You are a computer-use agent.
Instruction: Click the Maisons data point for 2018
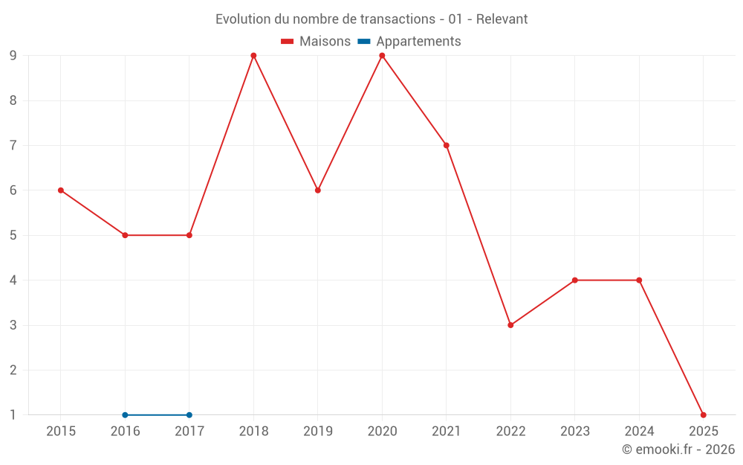tap(253, 56)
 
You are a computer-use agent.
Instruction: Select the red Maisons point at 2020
tap(382, 56)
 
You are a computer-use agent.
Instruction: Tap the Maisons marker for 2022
tap(510, 325)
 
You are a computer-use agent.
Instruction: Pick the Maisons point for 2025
tap(703, 414)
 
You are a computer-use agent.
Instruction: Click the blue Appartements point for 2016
tap(125, 414)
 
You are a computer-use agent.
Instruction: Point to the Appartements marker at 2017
tap(189, 414)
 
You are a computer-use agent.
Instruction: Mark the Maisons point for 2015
tap(61, 190)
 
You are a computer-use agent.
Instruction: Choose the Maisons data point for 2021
tap(447, 145)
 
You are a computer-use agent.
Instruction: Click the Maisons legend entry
tap(316, 42)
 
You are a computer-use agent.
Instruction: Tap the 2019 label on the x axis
tap(318, 432)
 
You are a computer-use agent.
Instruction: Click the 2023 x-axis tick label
tap(575, 432)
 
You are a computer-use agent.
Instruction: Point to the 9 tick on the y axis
tap(13, 56)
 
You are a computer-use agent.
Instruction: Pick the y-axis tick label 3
tap(13, 325)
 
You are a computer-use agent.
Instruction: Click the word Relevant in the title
tap(502, 19)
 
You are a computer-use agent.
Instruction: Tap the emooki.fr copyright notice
tap(678, 449)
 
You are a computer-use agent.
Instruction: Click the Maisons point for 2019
tap(318, 190)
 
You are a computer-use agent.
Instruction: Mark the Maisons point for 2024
tap(639, 280)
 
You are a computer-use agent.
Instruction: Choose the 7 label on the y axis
tap(13, 145)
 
